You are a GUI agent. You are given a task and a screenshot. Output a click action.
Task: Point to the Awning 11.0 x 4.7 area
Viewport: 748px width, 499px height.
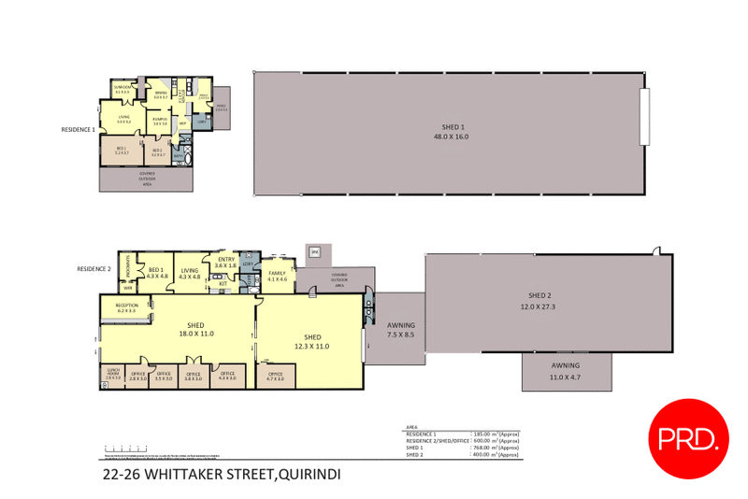tap(565, 371)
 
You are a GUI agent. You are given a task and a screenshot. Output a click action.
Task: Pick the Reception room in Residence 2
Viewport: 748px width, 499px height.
tap(127, 308)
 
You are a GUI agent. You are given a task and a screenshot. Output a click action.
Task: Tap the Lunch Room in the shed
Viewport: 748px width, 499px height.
tap(112, 375)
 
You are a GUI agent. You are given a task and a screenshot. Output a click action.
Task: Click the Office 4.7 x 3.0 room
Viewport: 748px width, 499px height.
tap(275, 376)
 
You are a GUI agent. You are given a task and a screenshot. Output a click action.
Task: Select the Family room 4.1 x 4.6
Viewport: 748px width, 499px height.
tap(278, 276)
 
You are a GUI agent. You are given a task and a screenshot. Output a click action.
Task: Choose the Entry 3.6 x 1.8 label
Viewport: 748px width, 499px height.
tap(225, 263)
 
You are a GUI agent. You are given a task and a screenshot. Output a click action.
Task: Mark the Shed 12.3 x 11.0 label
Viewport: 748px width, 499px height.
tap(312, 341)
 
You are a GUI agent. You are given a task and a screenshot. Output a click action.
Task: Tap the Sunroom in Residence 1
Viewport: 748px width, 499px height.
tap(122, 90)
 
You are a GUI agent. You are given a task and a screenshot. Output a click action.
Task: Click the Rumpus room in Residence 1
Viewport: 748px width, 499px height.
tap(160, 121)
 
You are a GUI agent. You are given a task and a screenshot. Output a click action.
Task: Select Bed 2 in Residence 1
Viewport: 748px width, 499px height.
tap(157, 152)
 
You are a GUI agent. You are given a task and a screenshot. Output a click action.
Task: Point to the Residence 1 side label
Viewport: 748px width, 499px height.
tap(78, 129)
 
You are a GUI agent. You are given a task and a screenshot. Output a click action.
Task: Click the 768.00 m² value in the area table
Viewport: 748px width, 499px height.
tap(496, 448)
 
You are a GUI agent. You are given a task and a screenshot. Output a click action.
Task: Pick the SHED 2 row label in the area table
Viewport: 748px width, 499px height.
tap(414, 455)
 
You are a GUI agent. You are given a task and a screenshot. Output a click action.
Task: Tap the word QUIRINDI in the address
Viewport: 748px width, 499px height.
tap(309, 475)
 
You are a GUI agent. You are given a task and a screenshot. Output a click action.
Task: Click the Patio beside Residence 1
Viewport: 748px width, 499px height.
tap(222, 107)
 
